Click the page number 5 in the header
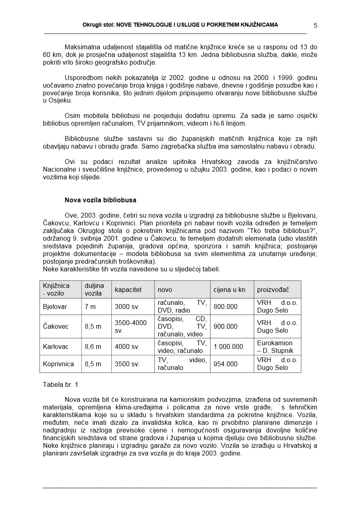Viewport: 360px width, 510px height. pos(315,25)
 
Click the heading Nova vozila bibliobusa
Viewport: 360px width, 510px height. pos(100,200)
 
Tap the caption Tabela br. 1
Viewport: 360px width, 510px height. pos(61,385)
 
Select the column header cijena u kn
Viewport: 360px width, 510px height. pos(229,290)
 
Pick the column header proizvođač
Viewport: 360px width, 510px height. pos(273,290)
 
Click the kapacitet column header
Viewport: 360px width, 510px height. pos(128,290)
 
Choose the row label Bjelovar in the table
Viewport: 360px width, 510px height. pos(55,307)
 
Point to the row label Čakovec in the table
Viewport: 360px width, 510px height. pos(56,327)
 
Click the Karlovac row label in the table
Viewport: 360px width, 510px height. pos(56,347)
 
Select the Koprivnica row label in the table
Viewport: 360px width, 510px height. pos(59,364)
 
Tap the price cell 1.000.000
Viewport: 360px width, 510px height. pos(228,347)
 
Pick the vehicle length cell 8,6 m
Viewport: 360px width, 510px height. pos(93,347)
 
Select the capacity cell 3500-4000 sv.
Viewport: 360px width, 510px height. pos(131,327)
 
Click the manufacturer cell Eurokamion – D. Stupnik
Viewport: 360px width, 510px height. pos(275,347)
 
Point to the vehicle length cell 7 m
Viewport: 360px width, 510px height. pos(90,307)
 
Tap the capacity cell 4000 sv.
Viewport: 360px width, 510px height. pos(127,347)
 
